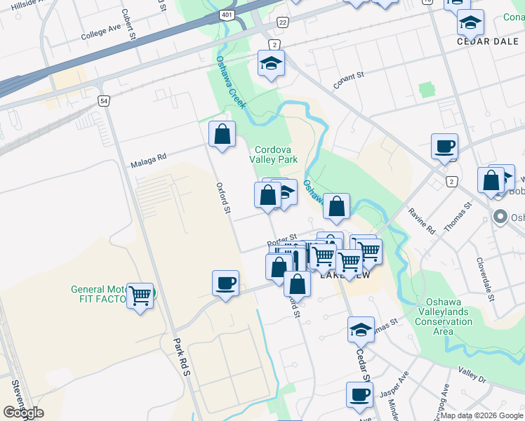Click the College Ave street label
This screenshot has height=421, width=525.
coord(100,33)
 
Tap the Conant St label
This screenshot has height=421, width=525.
coord(350,81)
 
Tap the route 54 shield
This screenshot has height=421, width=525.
coord(103,101)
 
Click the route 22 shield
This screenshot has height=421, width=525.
coord(282,23)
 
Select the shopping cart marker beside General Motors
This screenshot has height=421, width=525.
coord(140,296)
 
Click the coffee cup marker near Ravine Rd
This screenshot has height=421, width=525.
coord(444,147)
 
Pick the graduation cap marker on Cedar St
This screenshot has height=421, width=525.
coord(361,328)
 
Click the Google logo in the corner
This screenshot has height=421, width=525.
coord(23,413)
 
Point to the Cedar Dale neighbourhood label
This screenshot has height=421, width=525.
coord(482,41)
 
